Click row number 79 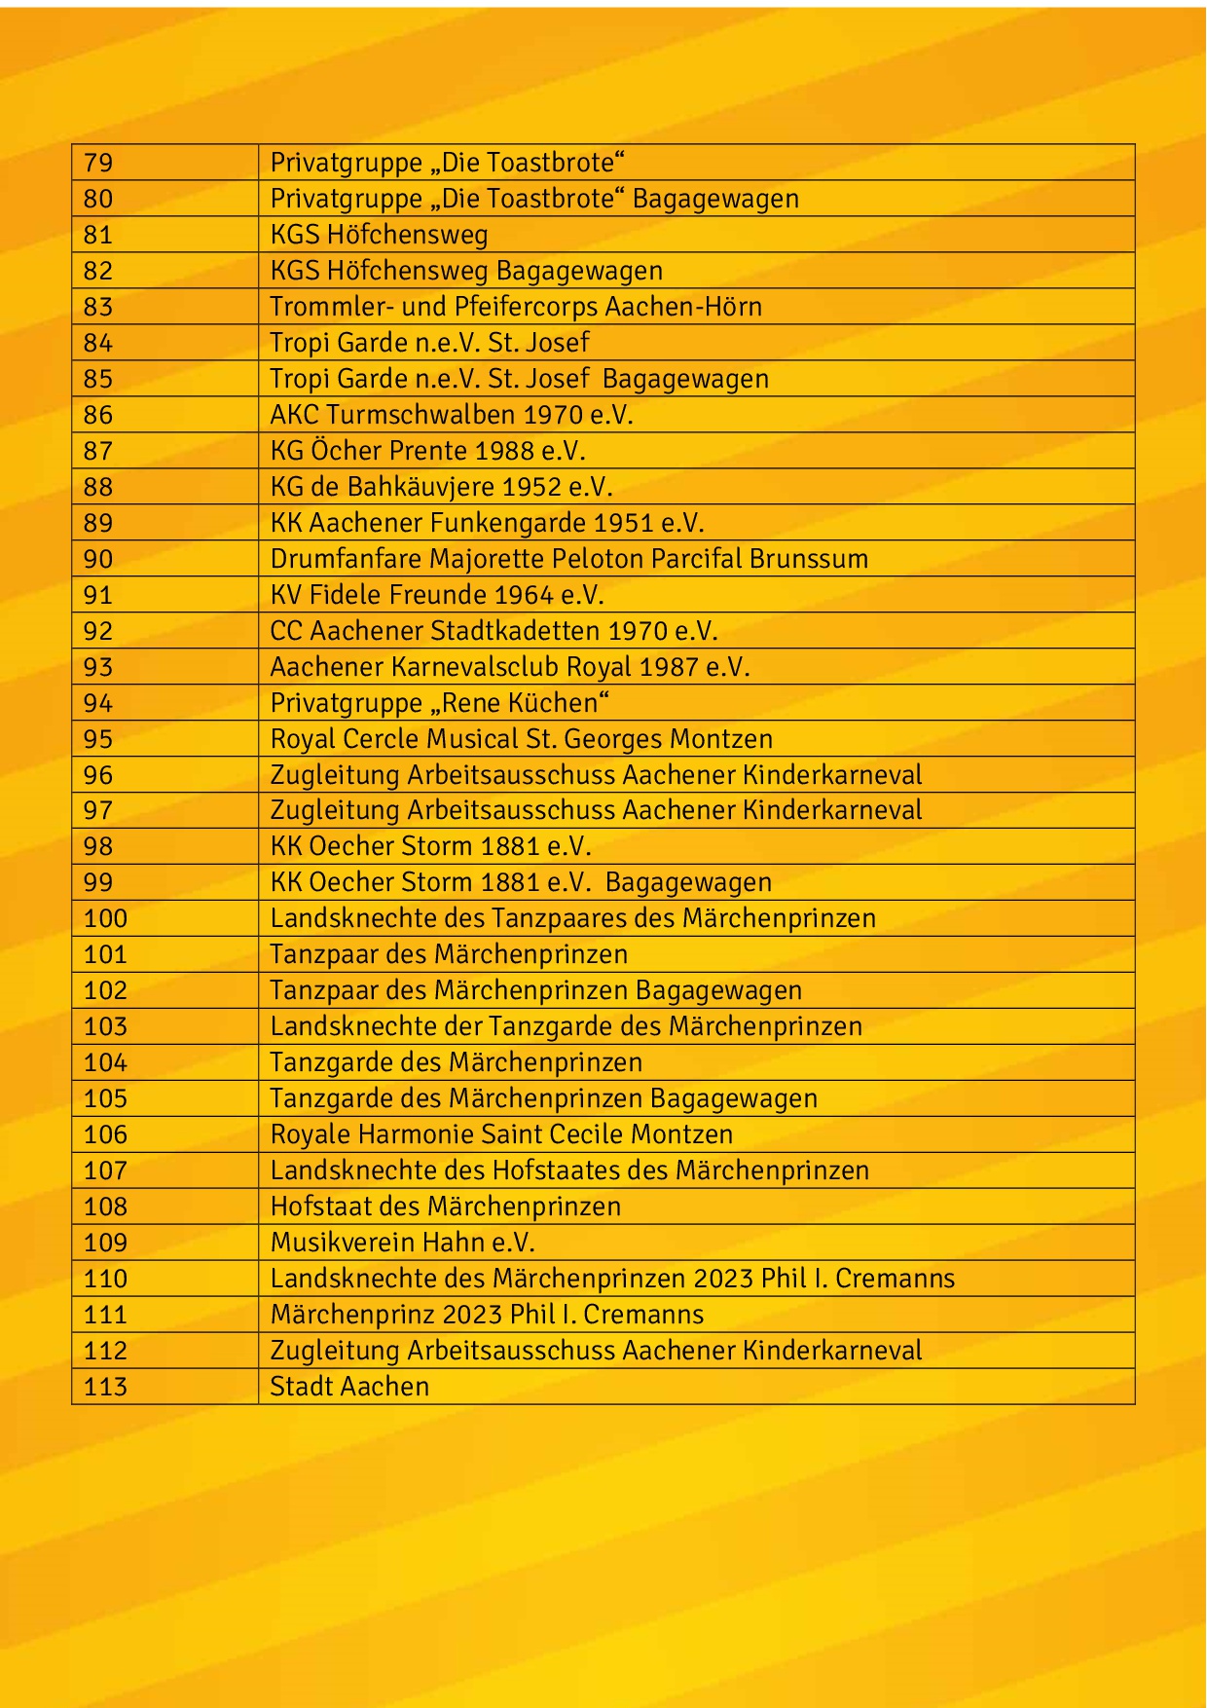click(98, 163)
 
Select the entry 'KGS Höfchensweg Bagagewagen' click(466, 271)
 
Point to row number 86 click(98, 415)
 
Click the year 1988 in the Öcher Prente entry click(504, 451)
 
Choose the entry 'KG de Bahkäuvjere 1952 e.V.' click(441, 487)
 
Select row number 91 click(98, 595)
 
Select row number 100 click(105, 918)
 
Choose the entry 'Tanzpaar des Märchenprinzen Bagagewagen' click(535, 990)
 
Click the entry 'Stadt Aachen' click(349, 1387)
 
